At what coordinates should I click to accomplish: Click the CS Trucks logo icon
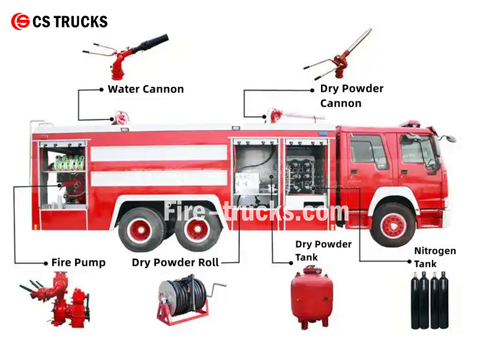(20, 22)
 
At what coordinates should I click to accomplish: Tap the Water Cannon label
(145, 89)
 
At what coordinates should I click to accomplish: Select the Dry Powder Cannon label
(351, 96)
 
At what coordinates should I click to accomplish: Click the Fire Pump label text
(78, 262)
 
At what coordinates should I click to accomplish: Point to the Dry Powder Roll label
(175, 262)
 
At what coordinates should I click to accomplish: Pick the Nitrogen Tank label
(434, 257)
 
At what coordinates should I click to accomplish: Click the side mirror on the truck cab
(447, 139)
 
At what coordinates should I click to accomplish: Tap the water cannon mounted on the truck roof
(122, 117)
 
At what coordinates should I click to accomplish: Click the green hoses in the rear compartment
(69, 163)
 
